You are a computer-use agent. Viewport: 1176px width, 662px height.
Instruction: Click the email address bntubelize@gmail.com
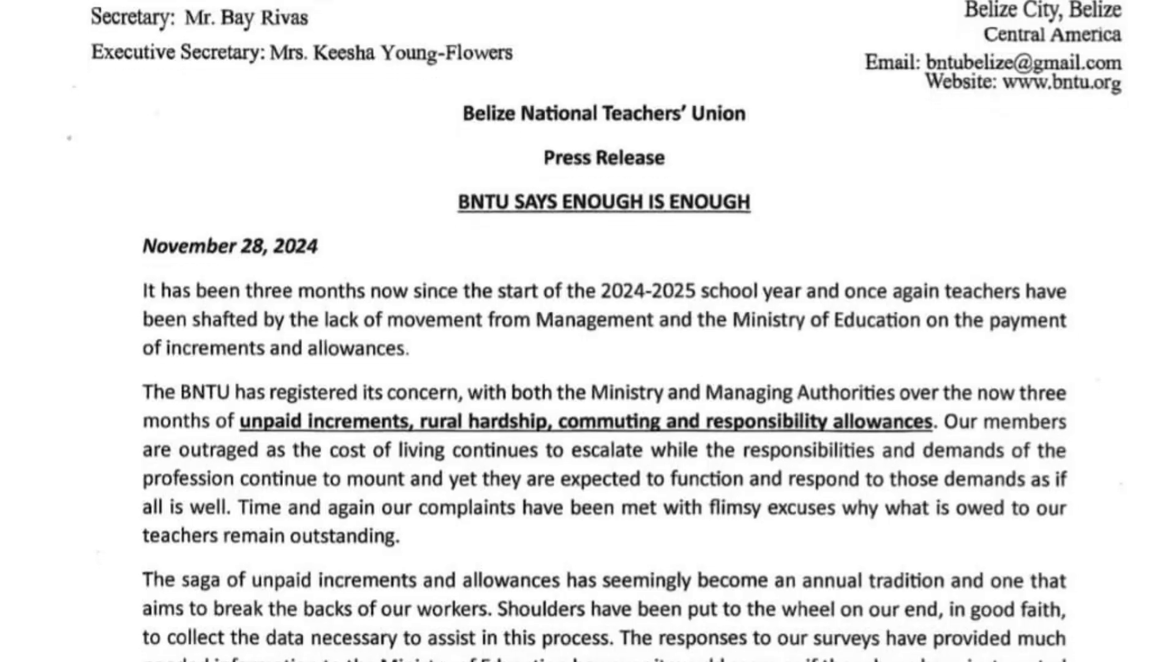1023,63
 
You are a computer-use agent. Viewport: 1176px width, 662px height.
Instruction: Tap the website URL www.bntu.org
1061,82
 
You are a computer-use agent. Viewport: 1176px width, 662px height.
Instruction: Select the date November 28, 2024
230,246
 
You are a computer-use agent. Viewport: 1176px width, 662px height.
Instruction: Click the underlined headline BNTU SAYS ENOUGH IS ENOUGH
604,202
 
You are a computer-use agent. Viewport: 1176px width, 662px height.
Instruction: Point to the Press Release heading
604,158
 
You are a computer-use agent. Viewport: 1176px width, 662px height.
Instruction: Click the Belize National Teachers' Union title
604,114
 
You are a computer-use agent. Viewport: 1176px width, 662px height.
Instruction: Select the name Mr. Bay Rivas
246,17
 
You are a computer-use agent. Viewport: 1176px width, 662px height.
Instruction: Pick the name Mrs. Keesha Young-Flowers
391,53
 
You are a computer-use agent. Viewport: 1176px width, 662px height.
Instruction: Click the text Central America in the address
1052,35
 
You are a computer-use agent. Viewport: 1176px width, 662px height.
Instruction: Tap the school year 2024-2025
648,291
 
